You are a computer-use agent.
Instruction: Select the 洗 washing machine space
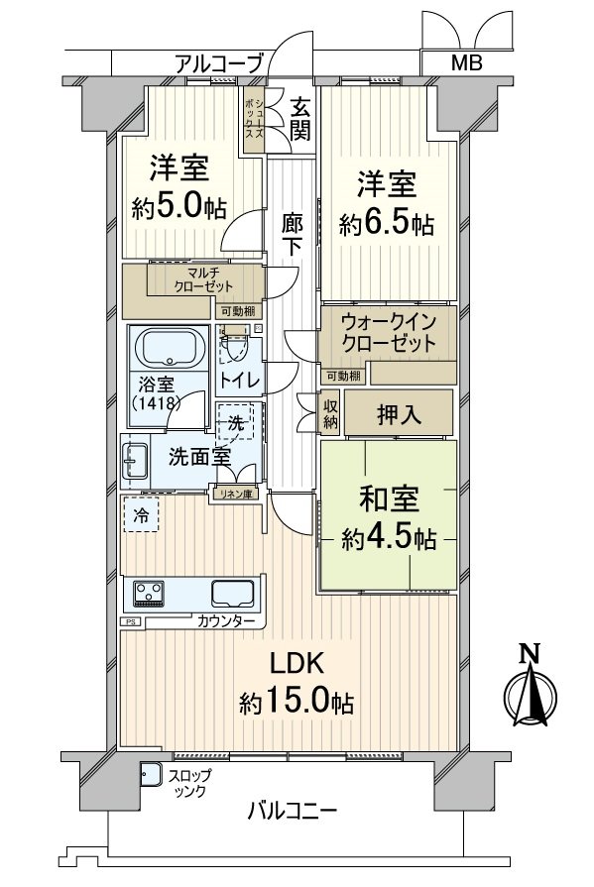pyautogui.click(x=236, y=423)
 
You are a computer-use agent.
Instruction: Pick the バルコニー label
pyautogui.click(x=292, y=811)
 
